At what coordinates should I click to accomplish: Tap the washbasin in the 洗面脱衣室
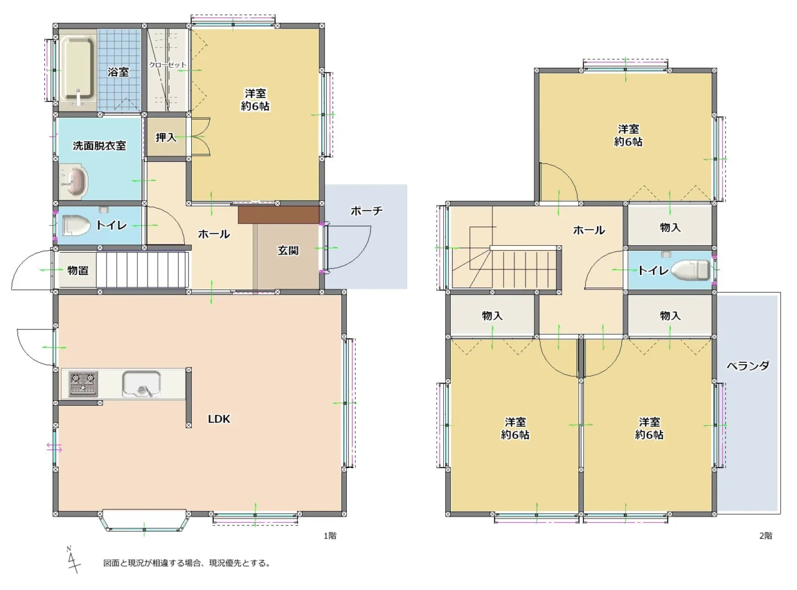pyautogui.click(x=75, y=182)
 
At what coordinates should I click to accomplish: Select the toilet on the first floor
pyautogui.click(x=76, y=225)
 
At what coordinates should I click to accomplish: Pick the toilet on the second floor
pyautogui.click(x=690, y=270)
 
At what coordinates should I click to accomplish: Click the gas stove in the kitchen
pyautogui.click(x=83, y=383)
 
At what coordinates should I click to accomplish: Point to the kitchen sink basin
pyautogui.click(x=141, y=384)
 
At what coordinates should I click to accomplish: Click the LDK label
pyautogui.click(x=219, y=419)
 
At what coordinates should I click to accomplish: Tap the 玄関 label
pyautogui.click(x=288, y=250)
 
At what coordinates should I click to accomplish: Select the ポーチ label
pyautogui.click(x=367, y=211)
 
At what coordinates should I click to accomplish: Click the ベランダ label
pyautogui.click(x=748, y=366)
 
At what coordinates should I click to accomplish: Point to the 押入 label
pyautogui.click(x=166, y=138)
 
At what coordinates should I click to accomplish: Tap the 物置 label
pyautogui.click(x=78, y=270)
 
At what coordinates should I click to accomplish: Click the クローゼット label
pyautogui.click(x=167, y=65)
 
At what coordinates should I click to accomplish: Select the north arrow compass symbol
pyautogui.click(x=73, y=560)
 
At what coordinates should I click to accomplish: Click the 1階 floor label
pyautogui.click(x=330, y=536)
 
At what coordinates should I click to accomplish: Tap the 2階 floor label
pyautogui.click(x=765, y=536)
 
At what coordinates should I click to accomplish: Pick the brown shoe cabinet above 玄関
pyautogui.click(x=279, y=215)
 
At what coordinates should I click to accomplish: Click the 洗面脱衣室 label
pyautogui.click(x=99, y=146)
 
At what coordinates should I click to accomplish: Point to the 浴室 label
pyautogui.click(x=118, y=72)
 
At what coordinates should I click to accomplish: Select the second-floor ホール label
pyautogui.click(x=589, y=230)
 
